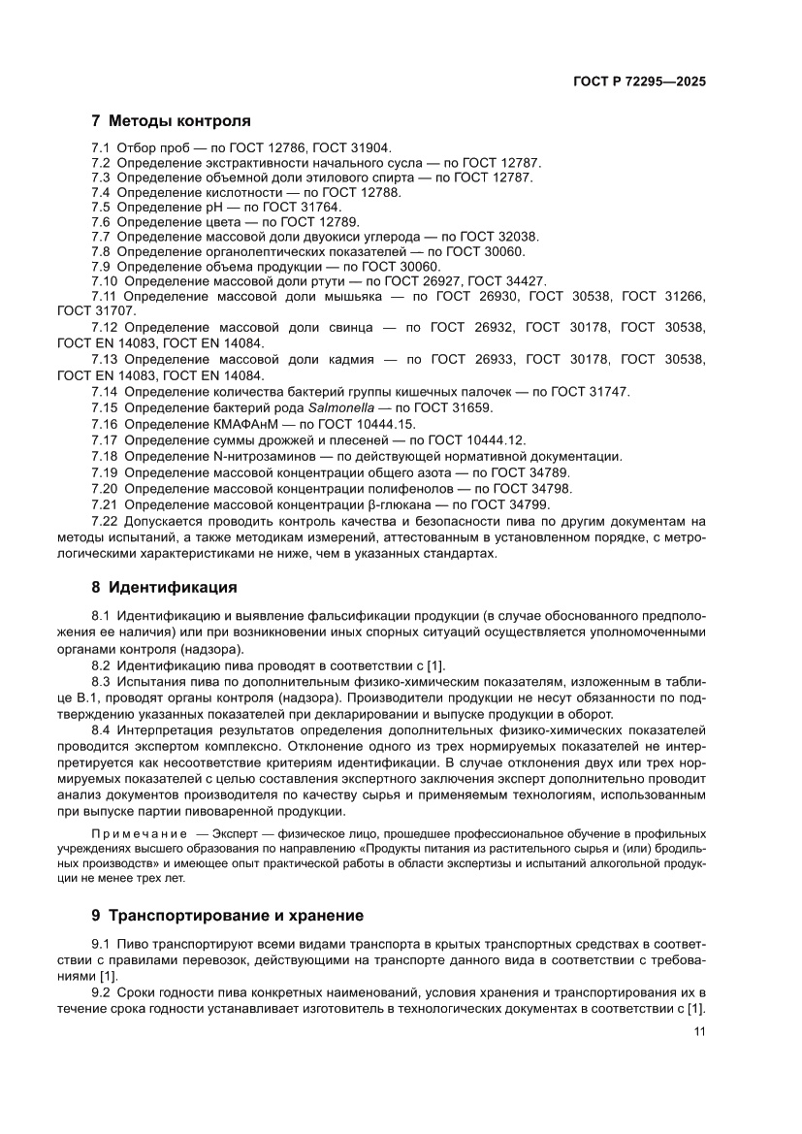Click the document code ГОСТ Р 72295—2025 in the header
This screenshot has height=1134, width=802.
pos(639,82)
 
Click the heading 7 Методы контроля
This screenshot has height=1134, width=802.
pos(171,121)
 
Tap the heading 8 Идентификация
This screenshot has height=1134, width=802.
pos(164,587)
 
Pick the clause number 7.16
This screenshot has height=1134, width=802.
pos(105,424)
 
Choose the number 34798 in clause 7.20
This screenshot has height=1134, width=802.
pos(553,488)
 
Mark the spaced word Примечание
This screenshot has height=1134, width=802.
pos(138,833)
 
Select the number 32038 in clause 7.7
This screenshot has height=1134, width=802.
pos(519,237)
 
